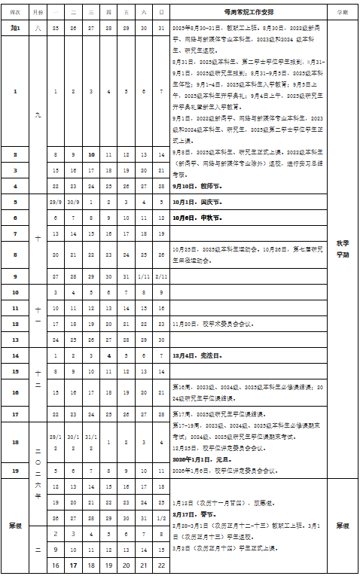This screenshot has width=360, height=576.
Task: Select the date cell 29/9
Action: (x=55, y=203)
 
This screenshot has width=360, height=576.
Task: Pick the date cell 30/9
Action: (x=73, y=203)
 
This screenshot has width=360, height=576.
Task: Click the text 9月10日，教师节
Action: (x=197, y=185)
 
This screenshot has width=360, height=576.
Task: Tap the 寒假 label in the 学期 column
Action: (x=343, y=525)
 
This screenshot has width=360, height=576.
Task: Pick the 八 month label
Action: (x=39, y=27)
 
